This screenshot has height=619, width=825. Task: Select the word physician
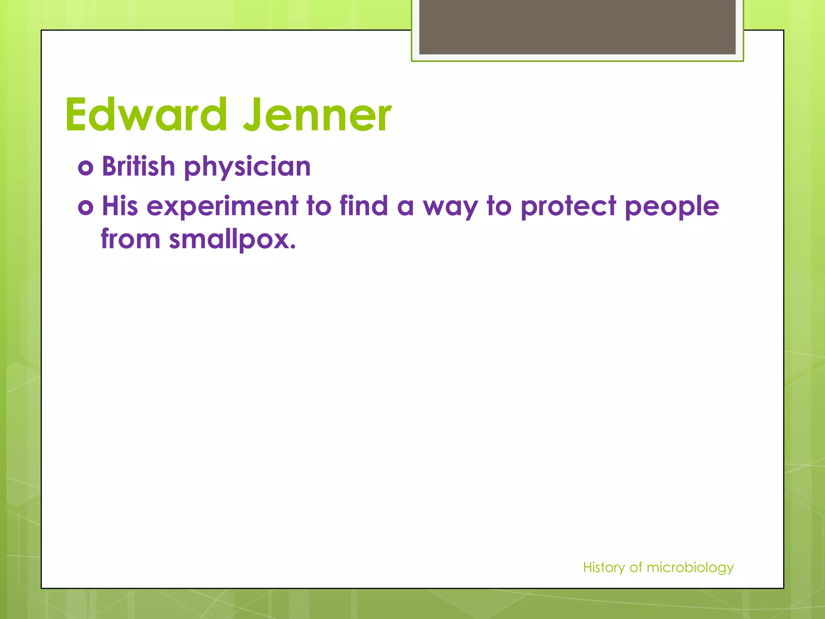[x=247, y=167]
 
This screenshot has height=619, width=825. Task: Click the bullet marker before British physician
[x=86, y=167]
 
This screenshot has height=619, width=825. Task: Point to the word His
[x=120, y=206]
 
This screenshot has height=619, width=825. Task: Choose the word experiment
[x=222, y=206]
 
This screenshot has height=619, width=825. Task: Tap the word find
[x=363, y=206]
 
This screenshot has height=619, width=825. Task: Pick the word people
[x=672, y=207]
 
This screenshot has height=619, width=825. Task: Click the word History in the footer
[x=604, y=567]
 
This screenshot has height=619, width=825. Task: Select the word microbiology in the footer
[x=690, y=567]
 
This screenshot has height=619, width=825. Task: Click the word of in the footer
[x=636, y=567]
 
